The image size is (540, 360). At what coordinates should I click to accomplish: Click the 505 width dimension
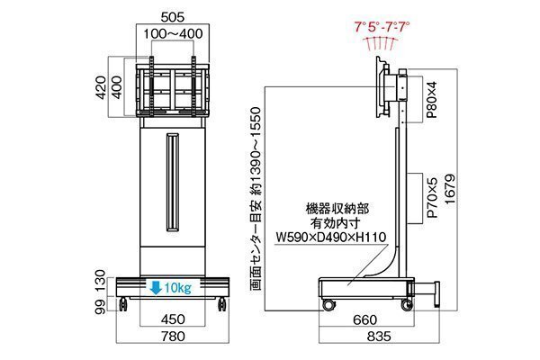(173, 17)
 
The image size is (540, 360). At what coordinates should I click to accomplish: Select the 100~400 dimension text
(173, 34)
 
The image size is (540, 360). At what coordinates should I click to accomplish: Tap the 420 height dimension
(101, 87)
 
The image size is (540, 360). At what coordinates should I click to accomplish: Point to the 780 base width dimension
(173, 336)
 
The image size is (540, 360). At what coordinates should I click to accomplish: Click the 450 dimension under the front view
(173, 319)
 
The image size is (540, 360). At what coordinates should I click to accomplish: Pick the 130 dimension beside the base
(100, 281)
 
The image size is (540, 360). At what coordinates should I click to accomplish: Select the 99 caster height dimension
(100, 306)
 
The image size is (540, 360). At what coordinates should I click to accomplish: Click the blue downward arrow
(156, 288)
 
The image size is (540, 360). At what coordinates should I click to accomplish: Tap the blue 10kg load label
(177, 288)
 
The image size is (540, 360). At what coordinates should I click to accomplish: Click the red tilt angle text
(382, 26)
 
